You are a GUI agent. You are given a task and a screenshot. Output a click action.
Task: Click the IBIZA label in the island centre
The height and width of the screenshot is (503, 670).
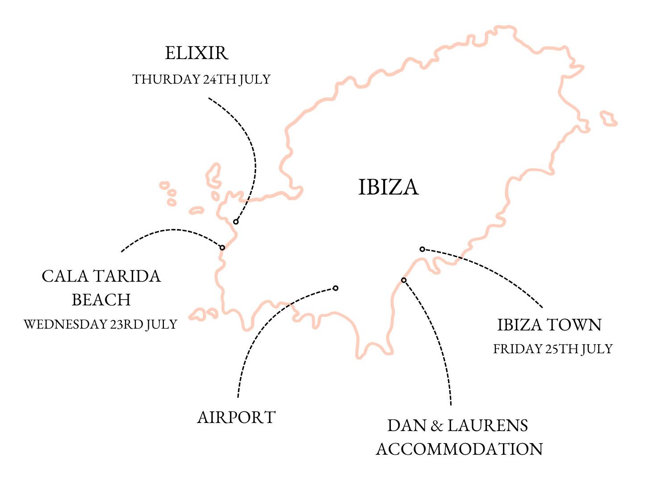coord(388,186)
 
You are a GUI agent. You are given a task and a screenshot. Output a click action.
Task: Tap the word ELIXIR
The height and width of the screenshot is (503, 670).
coord(197,53)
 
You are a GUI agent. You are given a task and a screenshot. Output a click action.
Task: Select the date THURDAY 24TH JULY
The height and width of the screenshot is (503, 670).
coord(201,79)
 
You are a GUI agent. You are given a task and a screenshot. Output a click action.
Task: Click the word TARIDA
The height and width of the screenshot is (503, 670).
coord(127,276)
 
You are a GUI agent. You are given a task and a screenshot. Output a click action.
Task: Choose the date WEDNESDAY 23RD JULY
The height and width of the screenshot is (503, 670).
coord(100,324)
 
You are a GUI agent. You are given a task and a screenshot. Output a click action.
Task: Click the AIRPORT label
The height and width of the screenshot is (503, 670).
coord(236,417)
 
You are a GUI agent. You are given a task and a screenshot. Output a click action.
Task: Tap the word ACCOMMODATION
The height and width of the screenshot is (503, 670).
coord(459,448)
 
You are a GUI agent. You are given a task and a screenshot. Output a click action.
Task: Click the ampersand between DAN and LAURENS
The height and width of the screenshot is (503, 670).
coord(436,426)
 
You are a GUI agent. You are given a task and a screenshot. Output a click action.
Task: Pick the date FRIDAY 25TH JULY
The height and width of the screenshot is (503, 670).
coord(553,349)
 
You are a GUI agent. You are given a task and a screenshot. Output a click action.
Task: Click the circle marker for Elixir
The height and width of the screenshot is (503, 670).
coord(236,222)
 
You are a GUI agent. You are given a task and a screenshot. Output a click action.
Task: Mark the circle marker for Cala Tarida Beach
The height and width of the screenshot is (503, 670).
coord(222,247)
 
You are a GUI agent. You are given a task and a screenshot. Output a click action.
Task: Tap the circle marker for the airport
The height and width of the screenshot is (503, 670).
coord(335,288)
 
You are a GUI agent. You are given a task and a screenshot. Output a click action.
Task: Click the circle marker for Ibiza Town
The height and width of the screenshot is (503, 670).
coord(422,249)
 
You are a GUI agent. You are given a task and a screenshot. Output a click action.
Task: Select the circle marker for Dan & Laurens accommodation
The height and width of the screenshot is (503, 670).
coord(403,280)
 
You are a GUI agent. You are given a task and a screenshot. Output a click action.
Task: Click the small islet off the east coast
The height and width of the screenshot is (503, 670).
coord(608,119)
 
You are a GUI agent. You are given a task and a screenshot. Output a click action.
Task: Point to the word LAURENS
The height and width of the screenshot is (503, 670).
coord(487,426)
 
